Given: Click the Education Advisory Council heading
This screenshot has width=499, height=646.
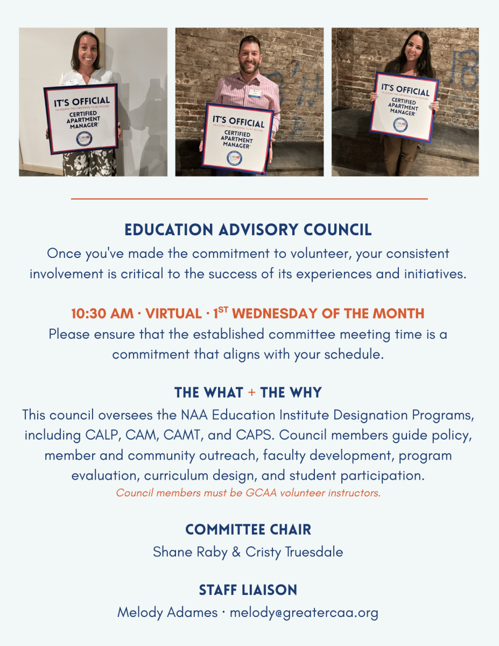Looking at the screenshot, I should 248,230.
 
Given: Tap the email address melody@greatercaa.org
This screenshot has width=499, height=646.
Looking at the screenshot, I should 304,613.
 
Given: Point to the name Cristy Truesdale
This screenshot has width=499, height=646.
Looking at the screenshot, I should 294,552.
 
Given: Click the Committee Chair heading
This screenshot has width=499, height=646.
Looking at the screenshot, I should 248,530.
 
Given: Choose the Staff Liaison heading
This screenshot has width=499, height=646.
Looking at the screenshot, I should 248,590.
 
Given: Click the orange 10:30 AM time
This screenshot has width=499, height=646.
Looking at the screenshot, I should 100,313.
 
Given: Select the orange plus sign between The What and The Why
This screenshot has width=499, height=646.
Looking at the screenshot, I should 252,393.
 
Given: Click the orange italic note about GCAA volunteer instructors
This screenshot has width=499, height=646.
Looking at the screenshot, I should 248,493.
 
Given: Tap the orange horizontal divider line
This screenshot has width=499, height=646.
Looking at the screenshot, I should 249,199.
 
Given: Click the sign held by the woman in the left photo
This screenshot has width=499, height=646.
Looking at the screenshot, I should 81,118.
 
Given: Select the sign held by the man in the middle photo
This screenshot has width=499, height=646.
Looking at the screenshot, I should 238,138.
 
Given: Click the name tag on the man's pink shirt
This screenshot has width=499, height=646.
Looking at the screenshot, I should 255,93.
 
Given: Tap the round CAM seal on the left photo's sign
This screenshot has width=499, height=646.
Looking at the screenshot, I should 84,139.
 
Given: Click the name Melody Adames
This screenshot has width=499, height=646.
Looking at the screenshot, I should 167,613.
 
